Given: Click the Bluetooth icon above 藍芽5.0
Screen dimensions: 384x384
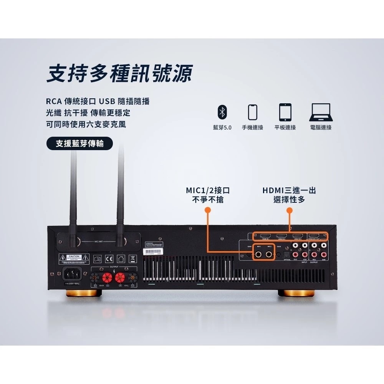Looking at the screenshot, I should (222, 112).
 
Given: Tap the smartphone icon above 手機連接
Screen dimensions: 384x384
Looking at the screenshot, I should (252, 112).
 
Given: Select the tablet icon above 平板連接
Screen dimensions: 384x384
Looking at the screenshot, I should (285, 112).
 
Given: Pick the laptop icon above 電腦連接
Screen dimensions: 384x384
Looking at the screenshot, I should (320, 112).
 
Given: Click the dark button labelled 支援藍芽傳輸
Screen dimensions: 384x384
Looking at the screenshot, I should (79, 144).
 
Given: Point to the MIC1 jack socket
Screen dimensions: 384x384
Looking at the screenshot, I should (259, 254).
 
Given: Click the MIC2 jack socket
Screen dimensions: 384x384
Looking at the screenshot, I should (270, 254).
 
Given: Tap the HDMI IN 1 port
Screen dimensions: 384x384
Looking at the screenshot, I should (265, 236).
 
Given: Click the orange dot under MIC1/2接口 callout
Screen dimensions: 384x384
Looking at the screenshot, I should (208, 210).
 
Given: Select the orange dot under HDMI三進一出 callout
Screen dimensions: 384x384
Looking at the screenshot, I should (290, 210).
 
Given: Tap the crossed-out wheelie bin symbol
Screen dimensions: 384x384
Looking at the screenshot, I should (132, 258).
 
